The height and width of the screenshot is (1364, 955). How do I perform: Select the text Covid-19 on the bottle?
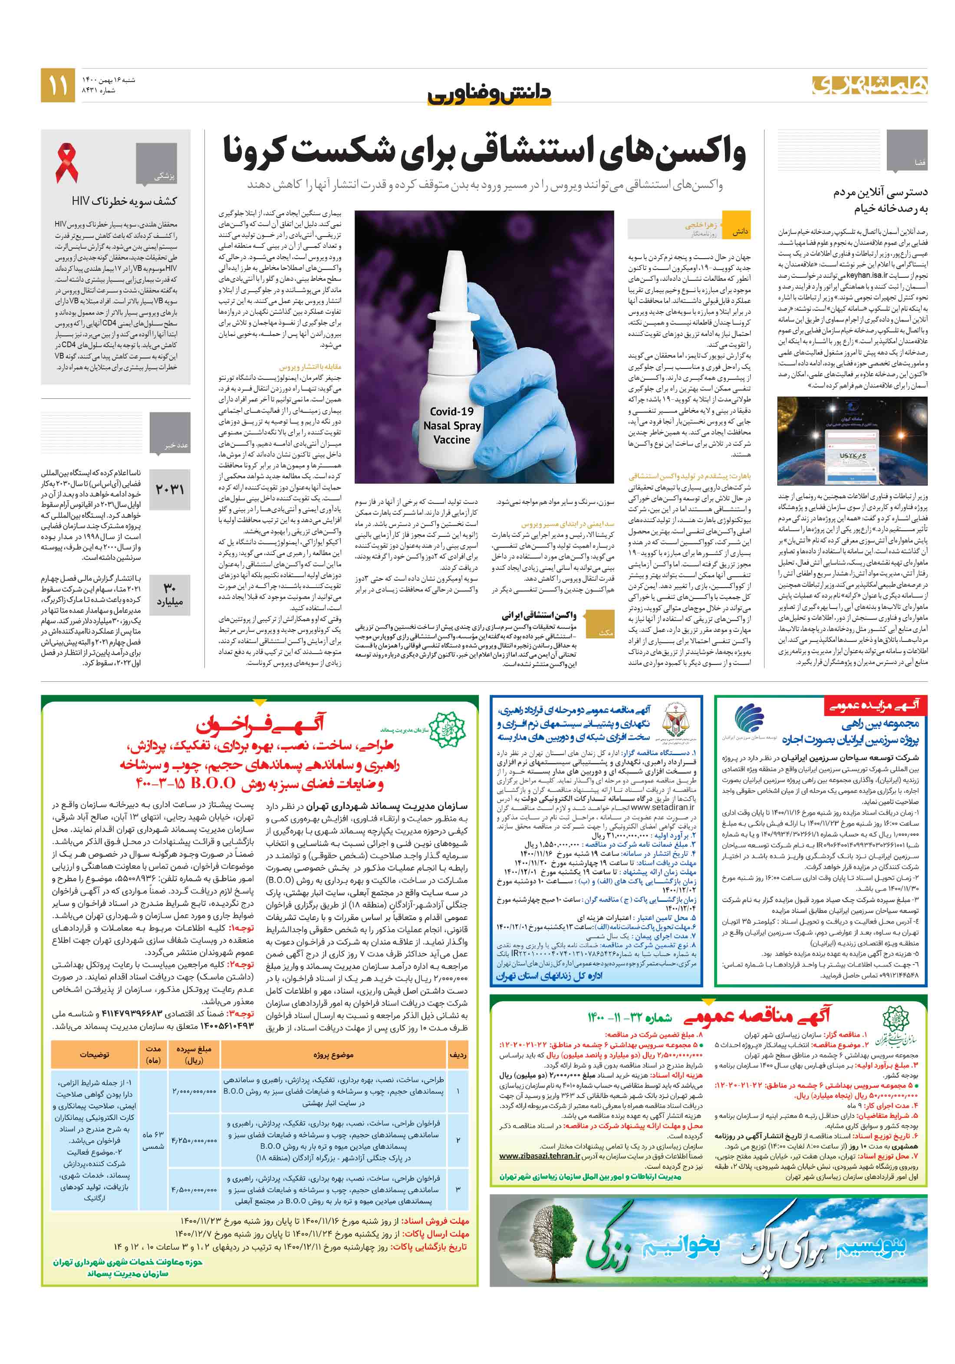tap(451, 411)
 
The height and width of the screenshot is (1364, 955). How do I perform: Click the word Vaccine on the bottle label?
tap(451, 440)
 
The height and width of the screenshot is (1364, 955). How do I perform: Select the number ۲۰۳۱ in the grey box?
tap(169, 489)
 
